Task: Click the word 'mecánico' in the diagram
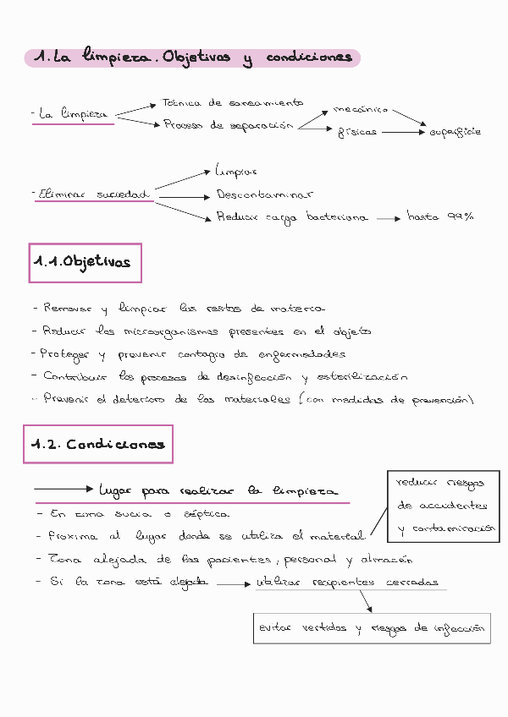(361, 109)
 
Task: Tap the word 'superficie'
(456, 133)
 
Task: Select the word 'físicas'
(357, 133)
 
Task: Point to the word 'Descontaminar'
(264, 194)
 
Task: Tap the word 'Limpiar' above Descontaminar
(236, 171)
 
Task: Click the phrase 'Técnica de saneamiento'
(232, 103)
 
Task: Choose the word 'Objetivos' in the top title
(196, 57)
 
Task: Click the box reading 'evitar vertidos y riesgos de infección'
(372, 628)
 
